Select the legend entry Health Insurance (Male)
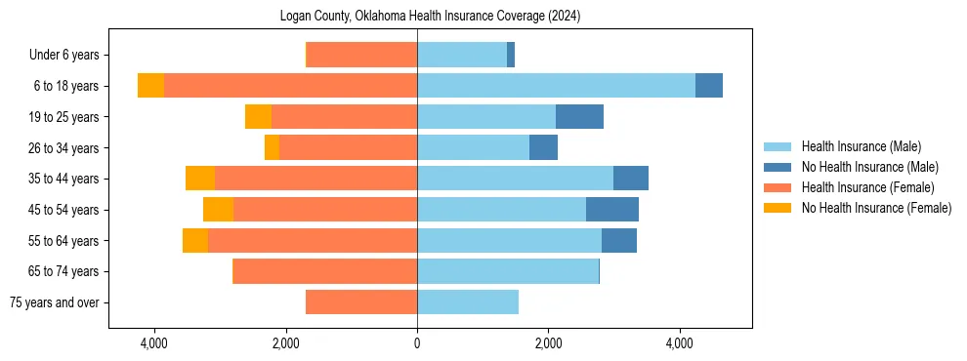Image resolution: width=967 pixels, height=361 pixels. click(x=861, y=147)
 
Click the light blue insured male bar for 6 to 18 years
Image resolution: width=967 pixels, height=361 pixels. click(x=556, y=86)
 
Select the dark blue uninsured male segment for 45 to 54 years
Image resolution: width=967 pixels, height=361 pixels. click(x=612, y=210)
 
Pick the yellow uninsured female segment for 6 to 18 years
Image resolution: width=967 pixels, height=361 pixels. click(x=150, y=86)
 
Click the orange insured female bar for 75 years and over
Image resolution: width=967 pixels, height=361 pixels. click(x=361, y=302)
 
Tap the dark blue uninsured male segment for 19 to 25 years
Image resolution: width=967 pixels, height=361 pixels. click(x=579, y=117)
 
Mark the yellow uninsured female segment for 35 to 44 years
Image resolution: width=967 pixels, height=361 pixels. click(x=200, y=179)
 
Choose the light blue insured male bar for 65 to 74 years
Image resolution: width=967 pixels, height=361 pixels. click(x=508, y=271)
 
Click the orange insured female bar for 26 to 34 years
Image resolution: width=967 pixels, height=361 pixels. click(x=348, y=147)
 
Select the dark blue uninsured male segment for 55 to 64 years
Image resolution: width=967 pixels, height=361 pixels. click(x=619, y=241)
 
